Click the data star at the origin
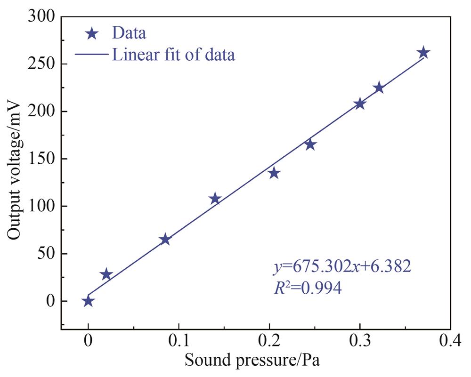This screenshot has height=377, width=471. (x=88, y=301)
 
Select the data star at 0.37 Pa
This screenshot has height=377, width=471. (x=423, y=53)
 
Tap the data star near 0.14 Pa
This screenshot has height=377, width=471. (x=215, y=199)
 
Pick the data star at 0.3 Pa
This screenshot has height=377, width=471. (x=360, y=104)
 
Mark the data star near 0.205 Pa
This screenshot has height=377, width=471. (x=274, y=174)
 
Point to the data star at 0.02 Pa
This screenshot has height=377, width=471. (x=106, y=275)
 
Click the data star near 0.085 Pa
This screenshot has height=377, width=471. (x=165, y=240)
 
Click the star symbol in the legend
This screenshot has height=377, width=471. (x=92, y=34)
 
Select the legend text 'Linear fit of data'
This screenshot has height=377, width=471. (x=173, y=55)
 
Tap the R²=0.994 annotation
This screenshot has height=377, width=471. (x=308, y=288)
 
